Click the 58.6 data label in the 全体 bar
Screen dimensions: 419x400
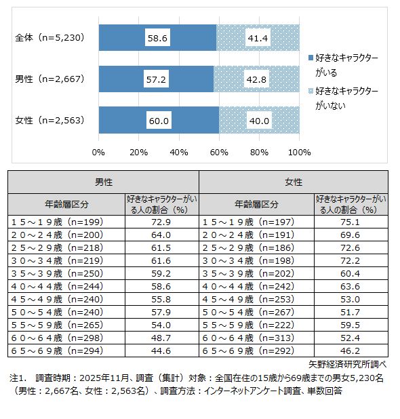point(157,38)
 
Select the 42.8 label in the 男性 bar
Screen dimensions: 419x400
point(258,79)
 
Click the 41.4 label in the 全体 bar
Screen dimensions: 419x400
point(258,38)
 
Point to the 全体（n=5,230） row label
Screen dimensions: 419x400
point(49,38)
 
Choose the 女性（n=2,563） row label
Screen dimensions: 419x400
point(49,121)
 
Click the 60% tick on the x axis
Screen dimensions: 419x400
point(219,151)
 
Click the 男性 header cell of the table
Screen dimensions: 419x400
point(103,182)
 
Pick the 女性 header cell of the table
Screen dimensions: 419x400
point(294,182)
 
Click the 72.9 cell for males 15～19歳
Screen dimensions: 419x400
point(161,222)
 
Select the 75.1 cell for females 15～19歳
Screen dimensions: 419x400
point(351,222)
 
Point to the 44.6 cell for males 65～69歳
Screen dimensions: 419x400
point(161,351)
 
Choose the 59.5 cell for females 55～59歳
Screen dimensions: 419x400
point(351,325)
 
